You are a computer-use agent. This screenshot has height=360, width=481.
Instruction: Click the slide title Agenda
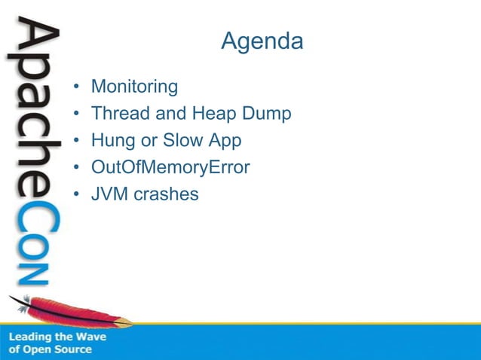(x=262, y=41)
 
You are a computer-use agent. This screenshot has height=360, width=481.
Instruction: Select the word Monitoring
(x=134, y=87)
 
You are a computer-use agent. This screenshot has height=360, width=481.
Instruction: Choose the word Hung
(x=110, y=141)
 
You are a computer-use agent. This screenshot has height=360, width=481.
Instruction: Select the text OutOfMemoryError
(x=170, y=167)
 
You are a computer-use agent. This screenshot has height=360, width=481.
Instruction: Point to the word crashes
(x=167, y=194)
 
